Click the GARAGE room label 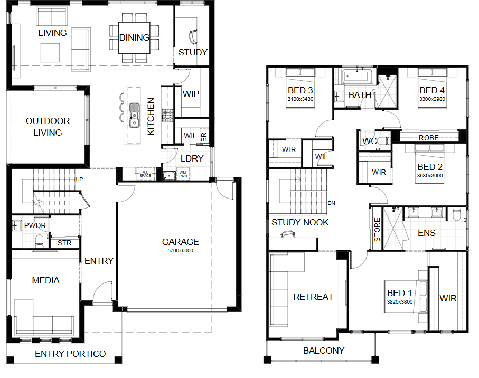[x=180, y=242]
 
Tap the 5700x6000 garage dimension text [x=180, y=251]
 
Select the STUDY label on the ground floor [x=193, y=52]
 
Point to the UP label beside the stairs [x=79, y=179]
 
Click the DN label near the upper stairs [x=332, y=203]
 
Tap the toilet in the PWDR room [x=40, y=241]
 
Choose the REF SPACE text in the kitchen [x=145, y=174]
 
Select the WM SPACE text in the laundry [x=183, y=174]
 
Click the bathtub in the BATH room [x=358, y=77]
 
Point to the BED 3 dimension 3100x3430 [x=300, y=99]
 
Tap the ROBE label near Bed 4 [x=429, y=138]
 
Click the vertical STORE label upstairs [x=377, y=229]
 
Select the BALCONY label [x=324, y=351]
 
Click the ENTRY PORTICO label [x=70, y=354]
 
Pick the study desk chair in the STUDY [x=193, y=36]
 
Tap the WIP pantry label [x=191, y=94]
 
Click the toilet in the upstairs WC [x=384, y=141]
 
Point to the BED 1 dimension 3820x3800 [x=400, y=302]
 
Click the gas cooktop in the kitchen [x=167, y=115]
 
